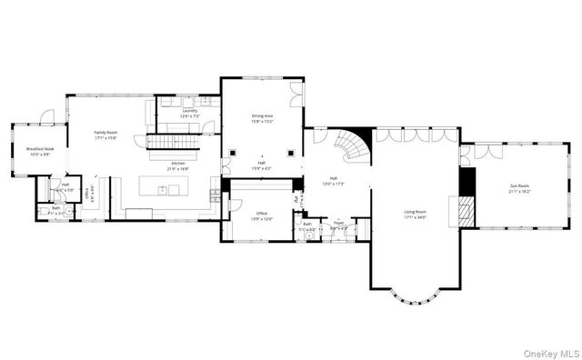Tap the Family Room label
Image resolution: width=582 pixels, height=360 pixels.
(106, 134)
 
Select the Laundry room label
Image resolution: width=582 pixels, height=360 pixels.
(189, 112)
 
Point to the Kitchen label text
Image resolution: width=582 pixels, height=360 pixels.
(177, 164)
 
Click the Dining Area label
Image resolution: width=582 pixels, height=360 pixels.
(262, 116)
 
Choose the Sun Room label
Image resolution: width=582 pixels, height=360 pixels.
(519, 186)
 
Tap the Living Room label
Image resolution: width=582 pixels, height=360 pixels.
(415, 213)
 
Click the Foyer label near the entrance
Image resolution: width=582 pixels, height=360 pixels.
(338, 221)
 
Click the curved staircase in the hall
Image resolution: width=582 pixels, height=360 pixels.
(349, 145)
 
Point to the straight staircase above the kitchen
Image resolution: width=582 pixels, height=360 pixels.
(174, 143)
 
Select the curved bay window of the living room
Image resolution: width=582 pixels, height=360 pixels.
(415, 295)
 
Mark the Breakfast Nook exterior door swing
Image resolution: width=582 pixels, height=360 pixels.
(46, 116)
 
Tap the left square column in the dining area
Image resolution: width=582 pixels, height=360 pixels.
(233, 152)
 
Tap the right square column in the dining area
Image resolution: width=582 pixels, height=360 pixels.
(290, 152)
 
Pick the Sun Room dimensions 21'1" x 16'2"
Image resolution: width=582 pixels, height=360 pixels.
(519, 192)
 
